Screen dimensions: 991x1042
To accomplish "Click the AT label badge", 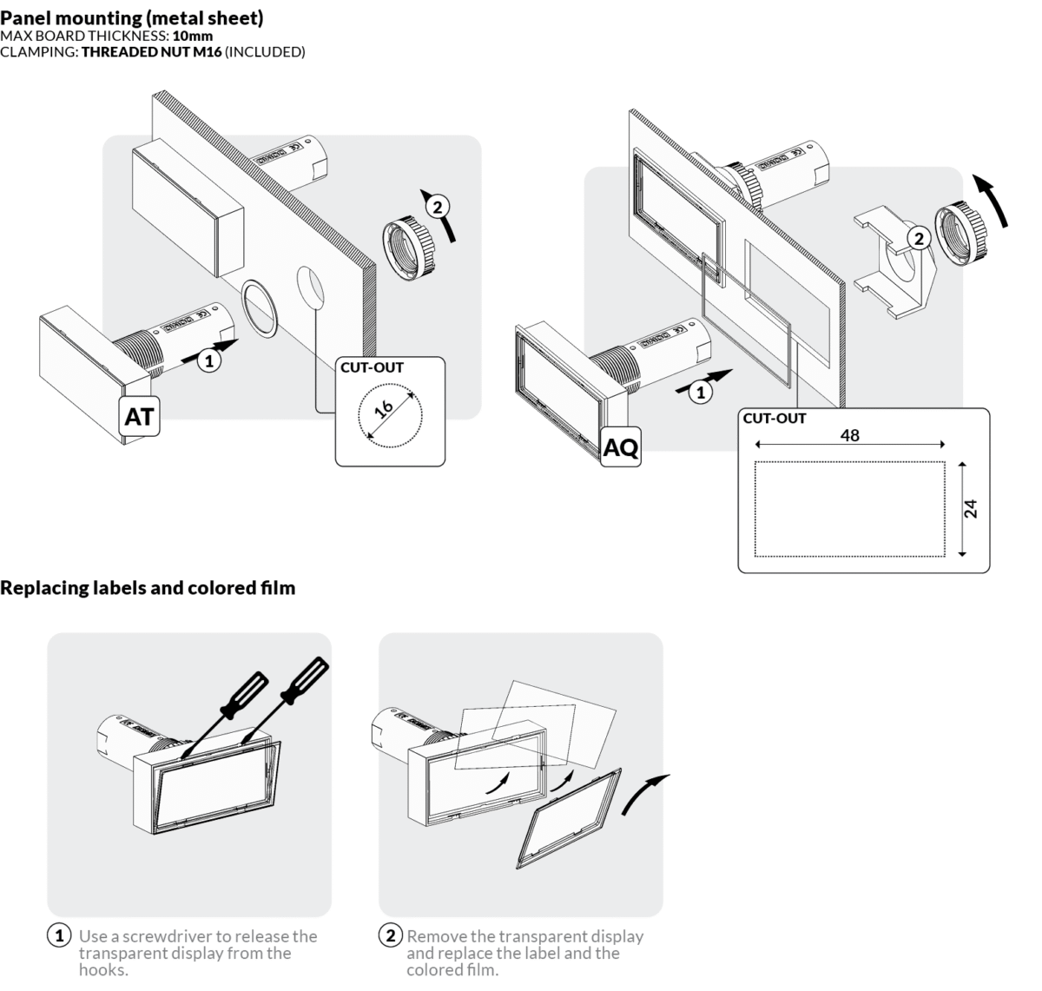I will pos(139,417).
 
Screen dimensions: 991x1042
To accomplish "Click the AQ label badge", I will pos(621,447).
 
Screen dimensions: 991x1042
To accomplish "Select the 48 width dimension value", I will pos(850,435).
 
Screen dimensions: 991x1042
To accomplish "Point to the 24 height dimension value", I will pos(972,508).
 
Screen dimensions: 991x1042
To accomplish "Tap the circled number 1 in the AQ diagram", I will pos(700,392).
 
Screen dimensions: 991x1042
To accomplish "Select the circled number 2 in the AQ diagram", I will pos(918,238).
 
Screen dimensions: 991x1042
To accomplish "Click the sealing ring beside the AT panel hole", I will pos(259,307).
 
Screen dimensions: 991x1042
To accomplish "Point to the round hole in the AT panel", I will pos(310,286).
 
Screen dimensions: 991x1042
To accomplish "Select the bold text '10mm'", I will pos(193,36).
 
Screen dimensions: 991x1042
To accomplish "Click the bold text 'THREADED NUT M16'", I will pos(152,52).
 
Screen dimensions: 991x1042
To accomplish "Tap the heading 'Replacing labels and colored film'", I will pos(148,588).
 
